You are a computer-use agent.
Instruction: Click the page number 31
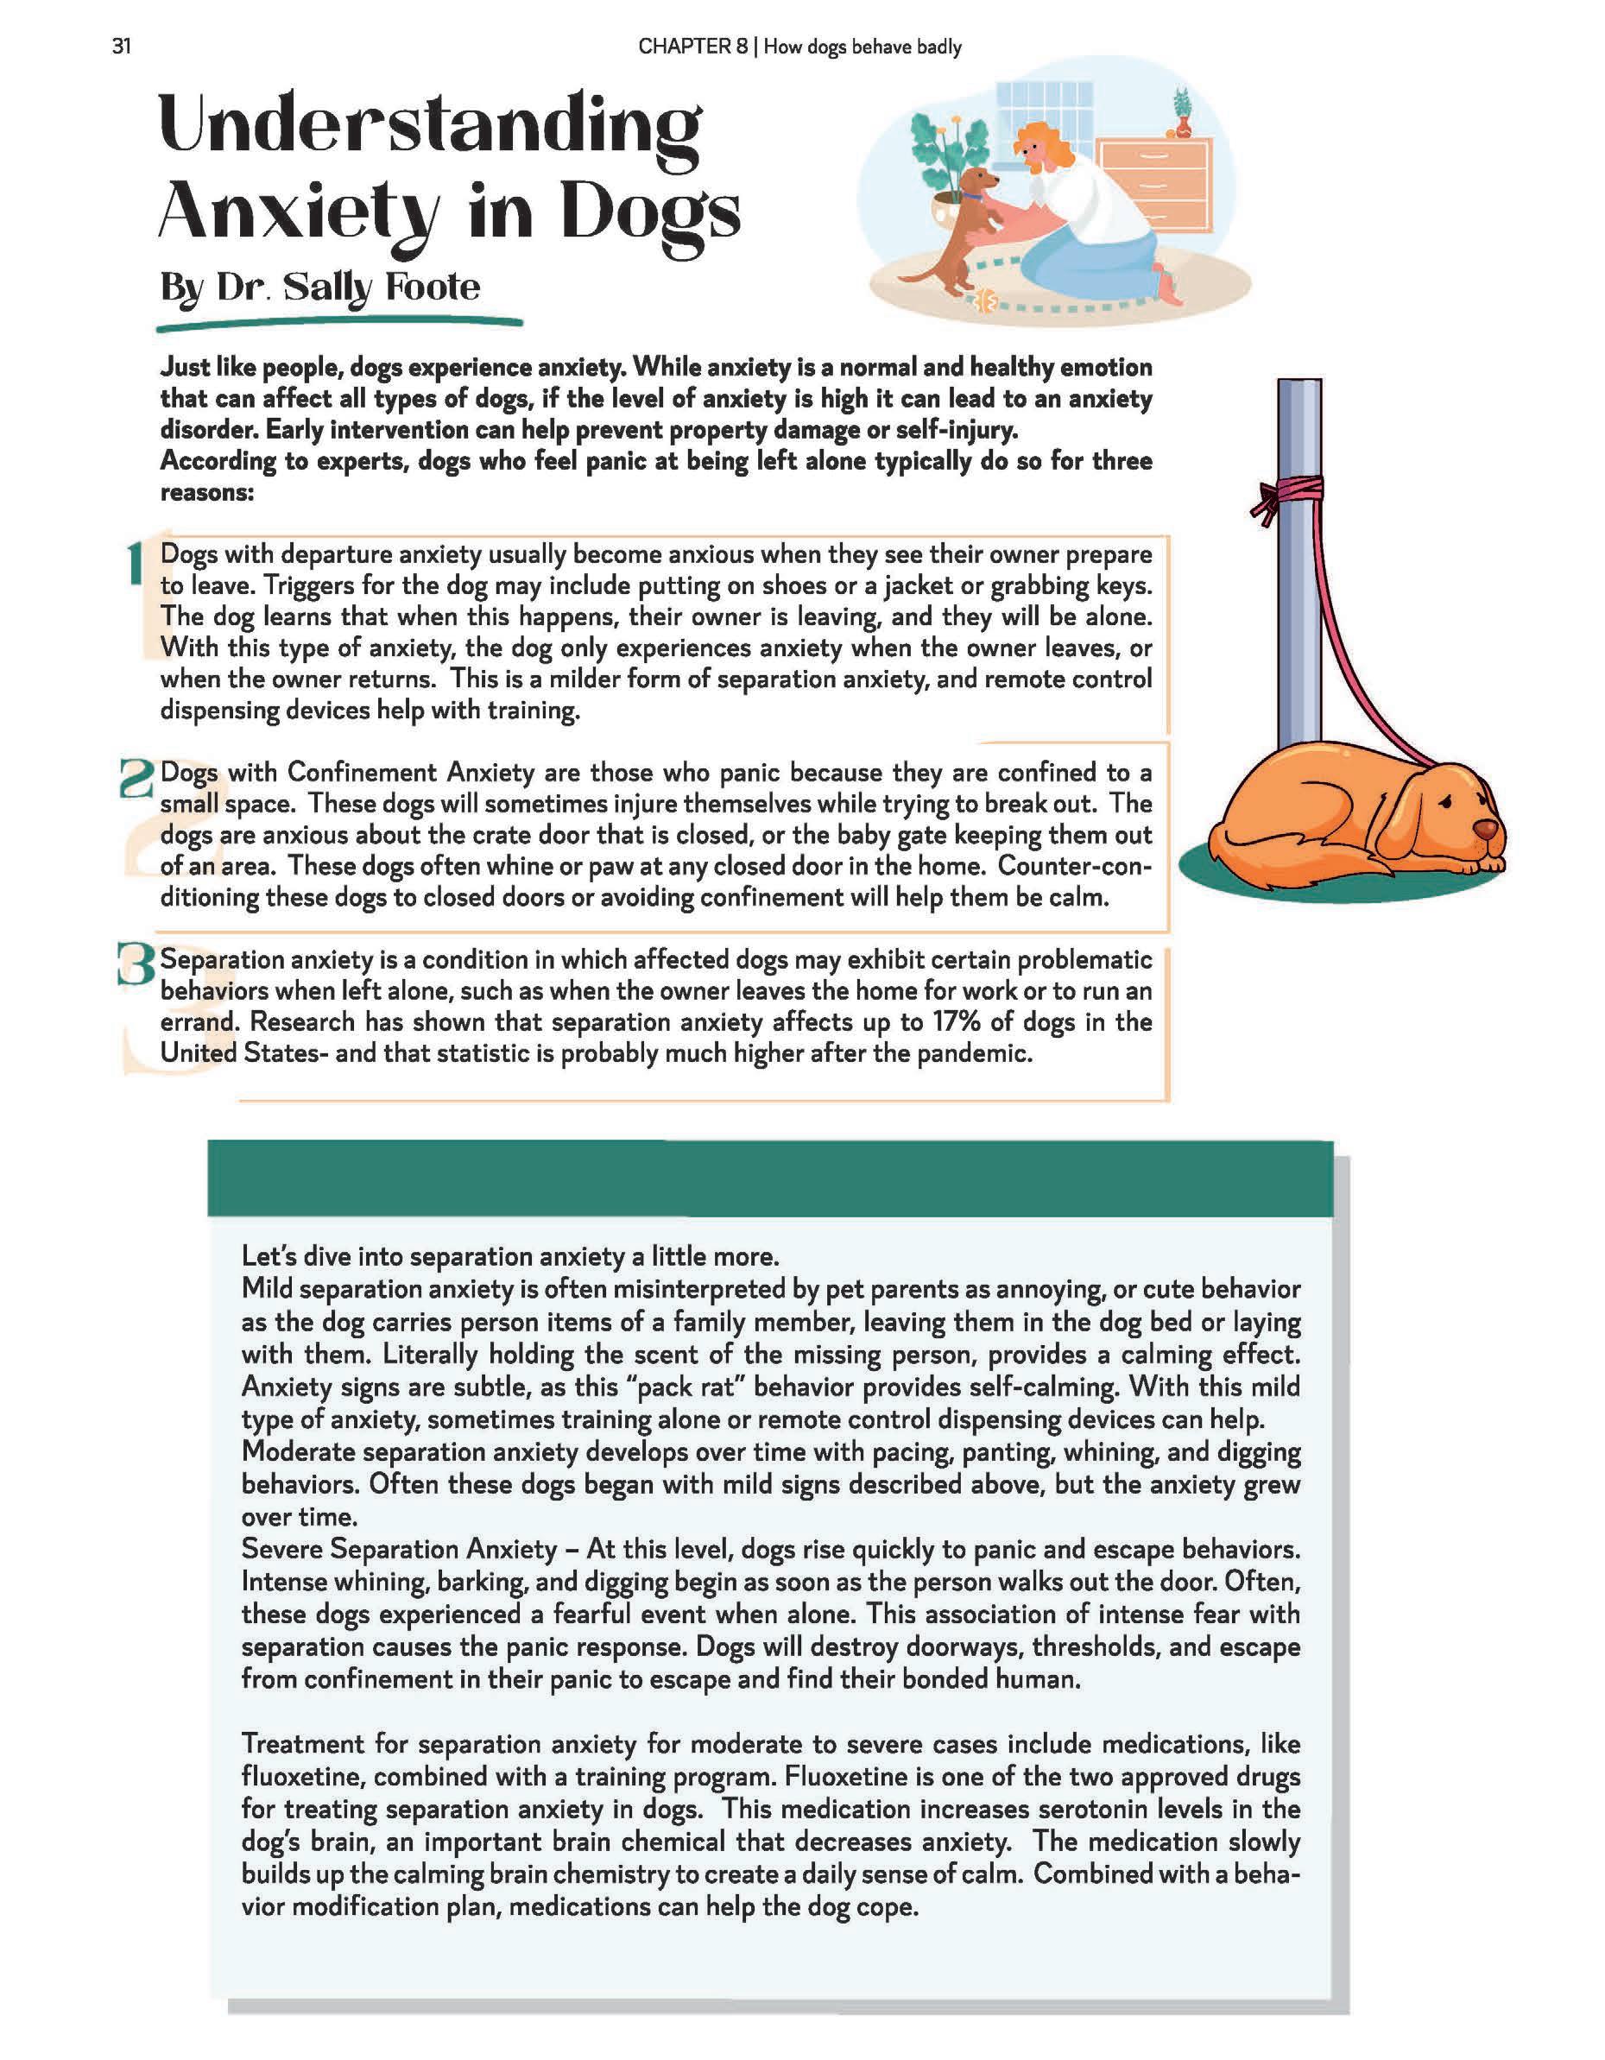point(121,47)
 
